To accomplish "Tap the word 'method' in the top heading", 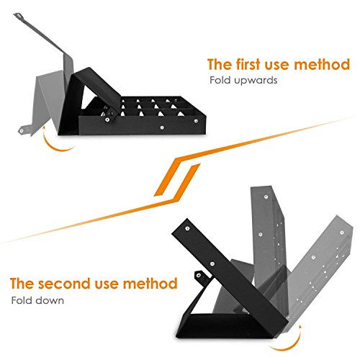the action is pos(322,64).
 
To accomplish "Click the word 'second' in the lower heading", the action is pos(65,284).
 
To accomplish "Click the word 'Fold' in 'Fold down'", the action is pos(22,300).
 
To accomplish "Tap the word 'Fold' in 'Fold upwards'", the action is pos(221,80).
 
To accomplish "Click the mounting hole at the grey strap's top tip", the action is pos(18,16).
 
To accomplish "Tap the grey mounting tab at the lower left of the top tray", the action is pos(24,130).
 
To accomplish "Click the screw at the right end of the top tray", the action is pos(196,121).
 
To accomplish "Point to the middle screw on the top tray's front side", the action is pos(163,127).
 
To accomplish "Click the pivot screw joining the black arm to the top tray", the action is pos(107,120).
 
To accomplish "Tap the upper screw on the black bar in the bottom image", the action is pos(187,228).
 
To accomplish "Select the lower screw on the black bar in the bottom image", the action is pos(212,264).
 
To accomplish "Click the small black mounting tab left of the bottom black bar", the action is pos(199,276).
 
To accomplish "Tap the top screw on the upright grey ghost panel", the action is pos(266,197).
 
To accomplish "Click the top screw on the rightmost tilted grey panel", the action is pos(342,233).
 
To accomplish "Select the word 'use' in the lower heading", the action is pos(107,284).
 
